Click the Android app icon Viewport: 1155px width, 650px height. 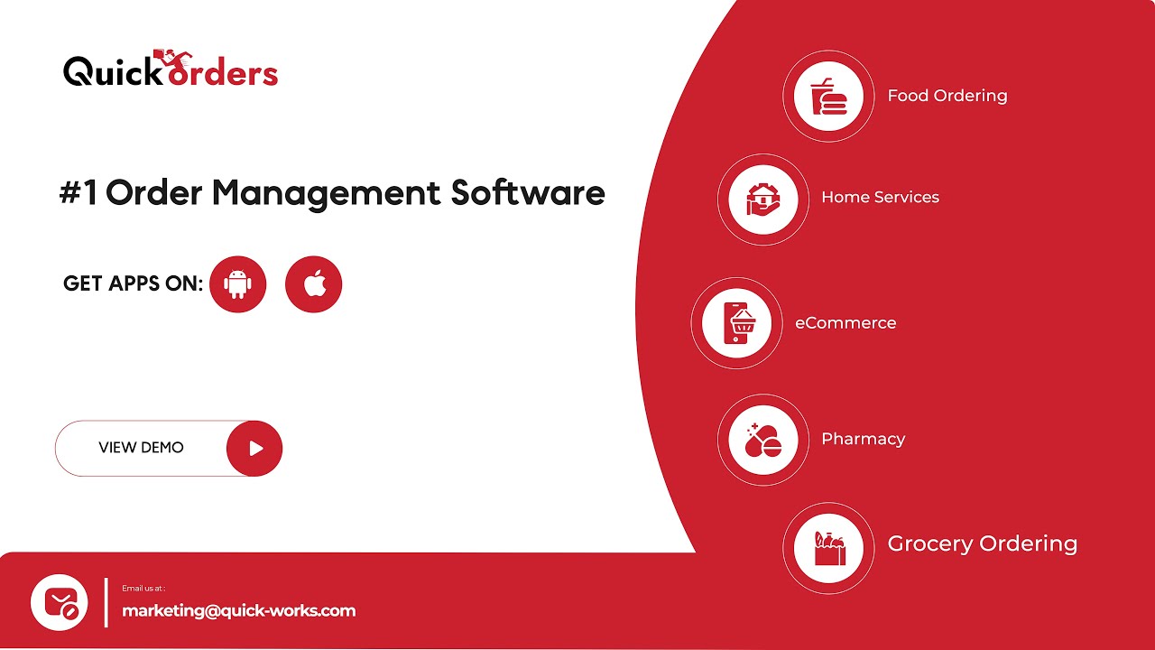(238, 284)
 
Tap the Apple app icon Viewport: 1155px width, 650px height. (313, 284)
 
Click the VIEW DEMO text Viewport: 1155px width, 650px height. (141, 448)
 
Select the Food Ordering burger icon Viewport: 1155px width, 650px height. (828, 96)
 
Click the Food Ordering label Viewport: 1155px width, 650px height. (947, 96)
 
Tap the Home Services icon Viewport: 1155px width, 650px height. (762, 199)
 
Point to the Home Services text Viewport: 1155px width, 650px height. (880, 198)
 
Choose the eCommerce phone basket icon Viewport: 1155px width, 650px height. (736, 323)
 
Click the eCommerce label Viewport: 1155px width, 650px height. (845, 323)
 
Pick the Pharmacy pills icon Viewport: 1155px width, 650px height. (762, 440)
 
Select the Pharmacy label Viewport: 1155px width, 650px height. (863, 439)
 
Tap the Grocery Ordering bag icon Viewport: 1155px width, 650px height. (828, 548)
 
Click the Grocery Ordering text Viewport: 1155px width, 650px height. (982, 543)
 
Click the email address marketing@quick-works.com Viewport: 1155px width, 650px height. (239, 611)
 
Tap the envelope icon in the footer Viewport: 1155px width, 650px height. (60, 602)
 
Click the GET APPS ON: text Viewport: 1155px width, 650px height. (134, 283)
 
